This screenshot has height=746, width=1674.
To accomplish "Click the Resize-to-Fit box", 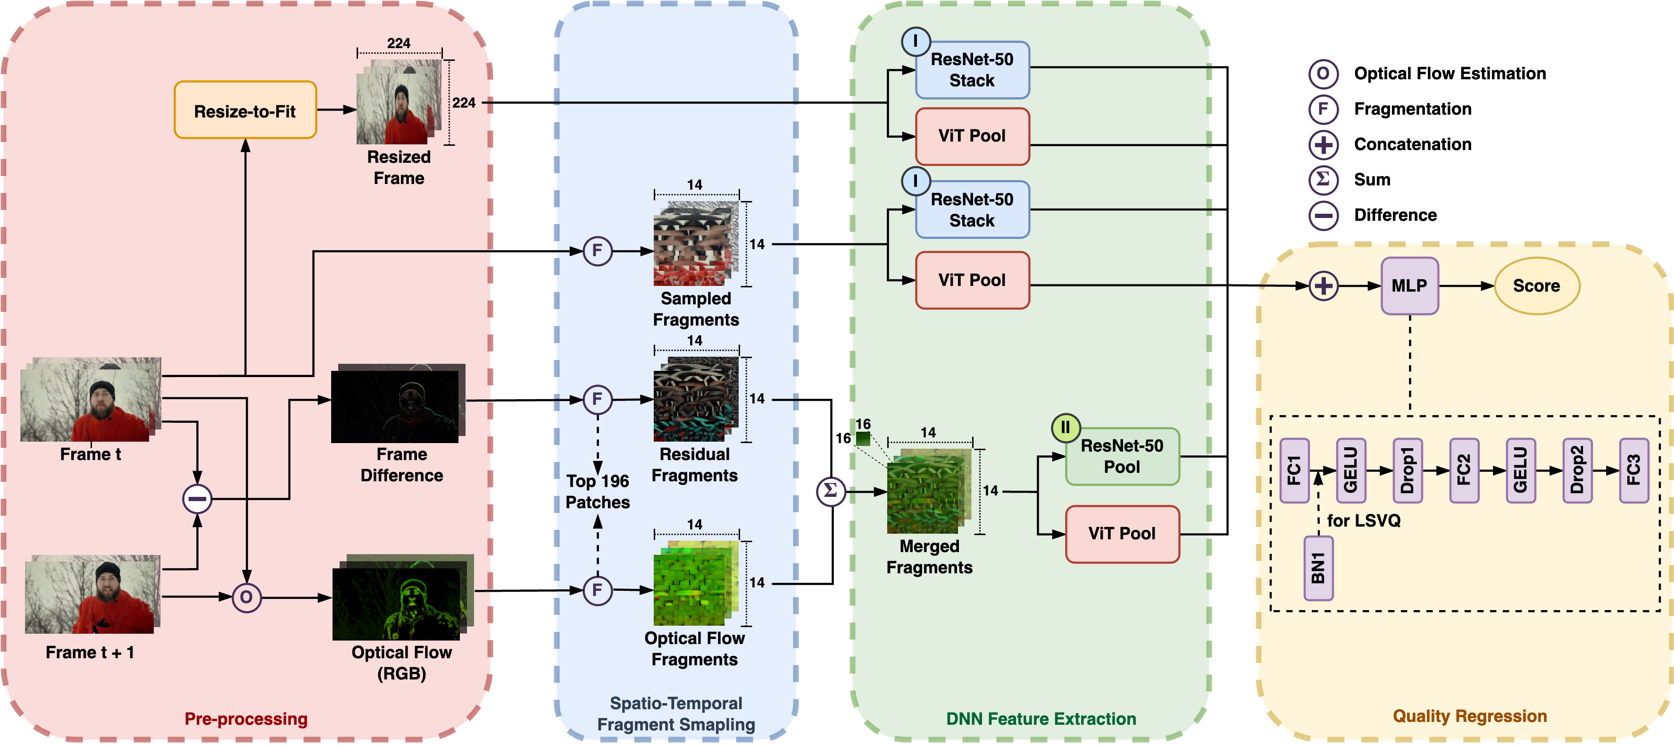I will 245,110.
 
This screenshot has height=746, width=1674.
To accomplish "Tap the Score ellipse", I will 1536,286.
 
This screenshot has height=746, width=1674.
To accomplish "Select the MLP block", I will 1409,286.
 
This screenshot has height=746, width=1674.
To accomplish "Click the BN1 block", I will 1318,569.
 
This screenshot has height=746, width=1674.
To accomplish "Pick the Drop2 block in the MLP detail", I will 1577,470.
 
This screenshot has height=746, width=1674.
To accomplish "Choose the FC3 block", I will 1634,470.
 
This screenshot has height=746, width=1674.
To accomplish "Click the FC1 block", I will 1294,470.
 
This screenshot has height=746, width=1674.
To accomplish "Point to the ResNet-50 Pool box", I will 1122,457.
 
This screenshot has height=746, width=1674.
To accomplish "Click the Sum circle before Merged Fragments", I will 831,491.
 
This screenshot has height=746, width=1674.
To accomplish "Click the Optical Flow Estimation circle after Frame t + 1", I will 246,597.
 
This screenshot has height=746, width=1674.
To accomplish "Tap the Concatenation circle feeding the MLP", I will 1324,286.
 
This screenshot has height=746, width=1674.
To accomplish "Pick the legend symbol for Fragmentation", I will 1323,109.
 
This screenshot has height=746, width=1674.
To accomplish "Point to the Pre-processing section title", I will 246,719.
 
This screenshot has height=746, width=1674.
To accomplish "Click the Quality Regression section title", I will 1469,716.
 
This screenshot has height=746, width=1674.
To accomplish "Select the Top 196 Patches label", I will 597,492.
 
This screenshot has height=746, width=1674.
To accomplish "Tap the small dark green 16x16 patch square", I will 863,439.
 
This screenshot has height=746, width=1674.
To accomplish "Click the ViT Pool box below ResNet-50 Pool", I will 1122,534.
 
